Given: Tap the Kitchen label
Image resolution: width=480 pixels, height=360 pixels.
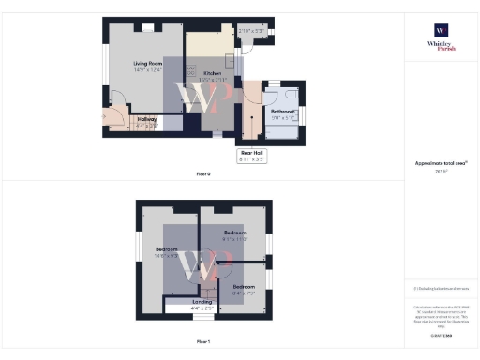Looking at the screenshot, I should (212, 73).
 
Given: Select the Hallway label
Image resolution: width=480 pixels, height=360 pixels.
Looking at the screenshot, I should (146, 119).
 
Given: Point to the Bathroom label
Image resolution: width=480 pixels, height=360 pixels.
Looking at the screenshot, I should (284, 111).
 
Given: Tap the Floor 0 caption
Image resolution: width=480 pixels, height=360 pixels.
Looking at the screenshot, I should (203, 174).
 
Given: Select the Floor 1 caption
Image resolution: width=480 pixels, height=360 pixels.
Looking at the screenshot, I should (203, 342).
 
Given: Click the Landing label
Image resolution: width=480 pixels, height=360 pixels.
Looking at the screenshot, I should (202, 301).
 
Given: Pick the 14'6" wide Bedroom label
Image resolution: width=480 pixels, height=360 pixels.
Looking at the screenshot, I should (166, 249).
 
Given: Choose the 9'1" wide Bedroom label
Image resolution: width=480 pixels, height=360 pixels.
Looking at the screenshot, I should (235, 232).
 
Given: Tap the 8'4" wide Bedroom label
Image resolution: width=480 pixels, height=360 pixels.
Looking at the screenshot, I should (244, 286).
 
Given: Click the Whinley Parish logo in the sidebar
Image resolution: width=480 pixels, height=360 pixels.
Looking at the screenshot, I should (440, 37).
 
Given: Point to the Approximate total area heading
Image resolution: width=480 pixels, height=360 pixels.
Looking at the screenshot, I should (440, 163).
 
